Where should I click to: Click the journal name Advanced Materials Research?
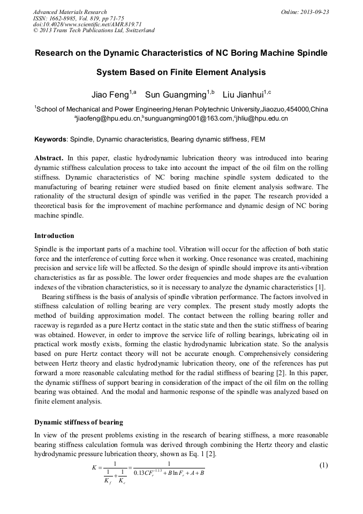(x=70, y=12)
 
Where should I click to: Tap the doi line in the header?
(x=87, y=24)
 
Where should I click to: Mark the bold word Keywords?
(x=51, y=139)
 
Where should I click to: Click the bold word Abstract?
(x=49, y=159)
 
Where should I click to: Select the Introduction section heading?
(x=54, y=236)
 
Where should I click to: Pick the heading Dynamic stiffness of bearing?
(x=79, y=422)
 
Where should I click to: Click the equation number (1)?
(x=323, y=465)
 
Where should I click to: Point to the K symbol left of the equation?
(x=94, y=467)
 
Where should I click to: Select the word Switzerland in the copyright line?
(x=138, y=30)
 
